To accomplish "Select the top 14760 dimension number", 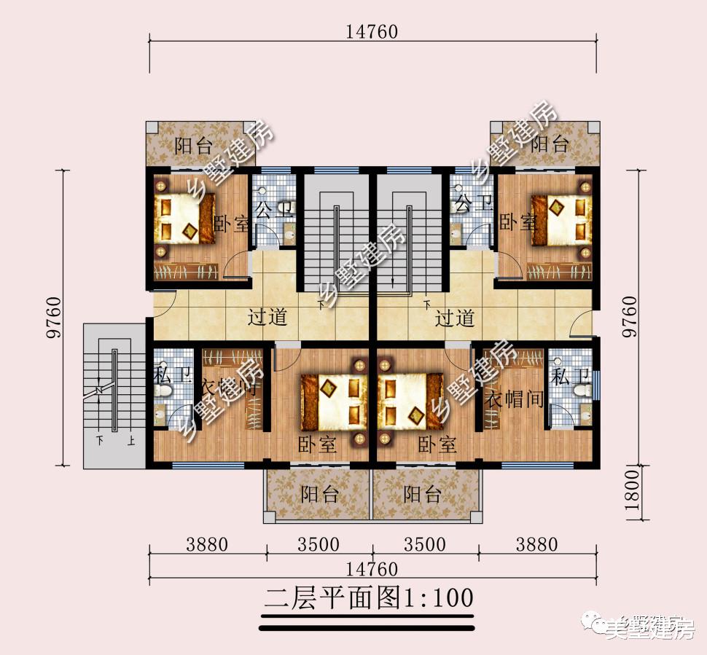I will coord(372,31).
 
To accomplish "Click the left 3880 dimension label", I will coord(207,544).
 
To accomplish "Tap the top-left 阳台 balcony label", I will coord(193,145).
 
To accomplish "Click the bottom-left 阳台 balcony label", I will coord(320,495).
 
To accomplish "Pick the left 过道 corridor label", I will coord(267,318).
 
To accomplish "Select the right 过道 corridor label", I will coord(455,318).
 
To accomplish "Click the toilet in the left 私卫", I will coord(165,393).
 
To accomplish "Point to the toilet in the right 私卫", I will coord(581,391).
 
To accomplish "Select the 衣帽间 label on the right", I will coord(515,399).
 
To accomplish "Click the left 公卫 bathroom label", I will coord(273,211).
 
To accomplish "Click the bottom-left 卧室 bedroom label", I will coord(317,444).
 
